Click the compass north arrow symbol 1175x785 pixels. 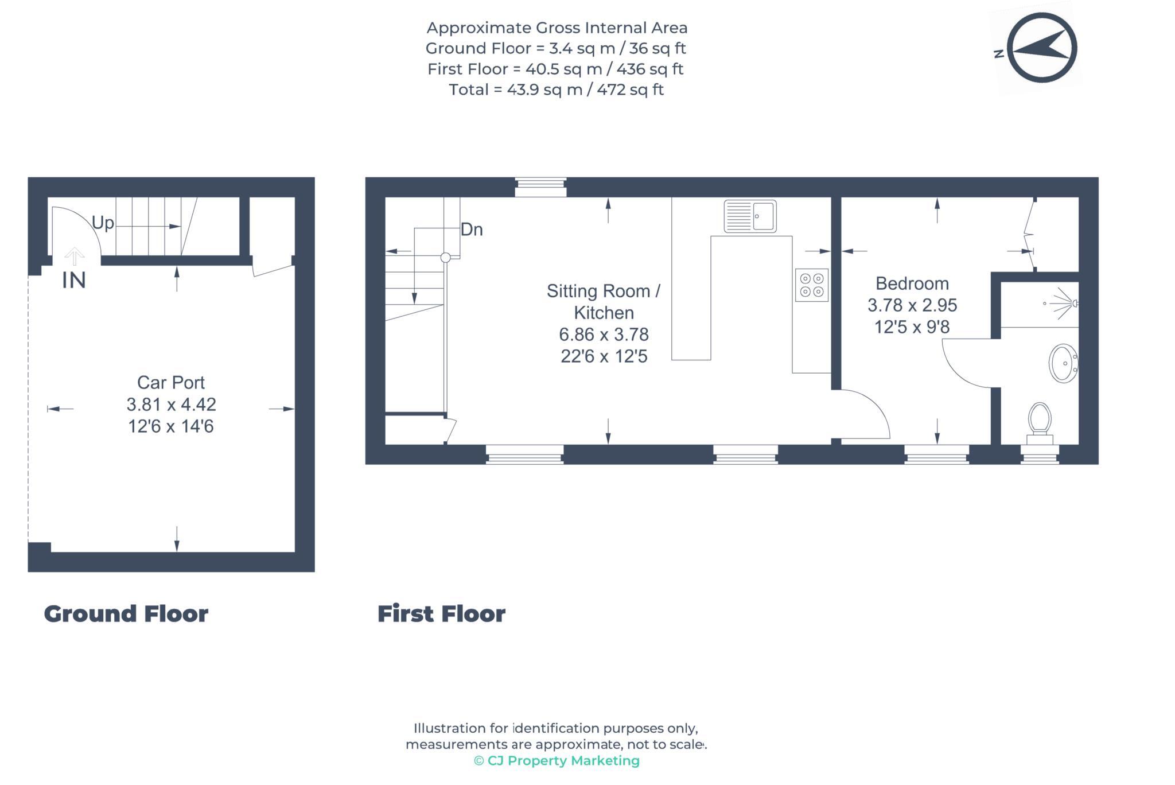pyautogui.click(x=1041, y=48)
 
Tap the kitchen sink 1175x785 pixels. pyautogui.click(x=750, y=216)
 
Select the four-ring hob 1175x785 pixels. pyautogui.click(x=811, y=285)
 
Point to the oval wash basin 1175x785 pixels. pyautogui.click(x=1063, y=363)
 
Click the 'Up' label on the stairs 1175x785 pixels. pyautogui.click(x=103, y=223)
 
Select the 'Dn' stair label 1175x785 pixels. pyautogui.click(x=472, y=230)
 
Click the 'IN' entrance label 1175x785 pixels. pyautogui.click(x=74, y=280)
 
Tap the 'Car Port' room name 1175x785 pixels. pyautogui.click(x=171, y=382)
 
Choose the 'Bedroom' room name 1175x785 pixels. pyautogui.click(x=912, y=283)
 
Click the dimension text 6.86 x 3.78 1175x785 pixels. pyautogui.click(x=604, y=335)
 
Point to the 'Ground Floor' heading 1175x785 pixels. pyautogui.click(x=126, y=613)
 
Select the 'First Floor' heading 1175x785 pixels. pyautogui.click(x=441, y=613)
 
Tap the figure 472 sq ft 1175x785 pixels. pyautogui.click(x=630, y=90)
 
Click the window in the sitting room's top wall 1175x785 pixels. pyautogui.click(x=540, y=187)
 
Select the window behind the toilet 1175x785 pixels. pyautogui.click(x=1040, y=454)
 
